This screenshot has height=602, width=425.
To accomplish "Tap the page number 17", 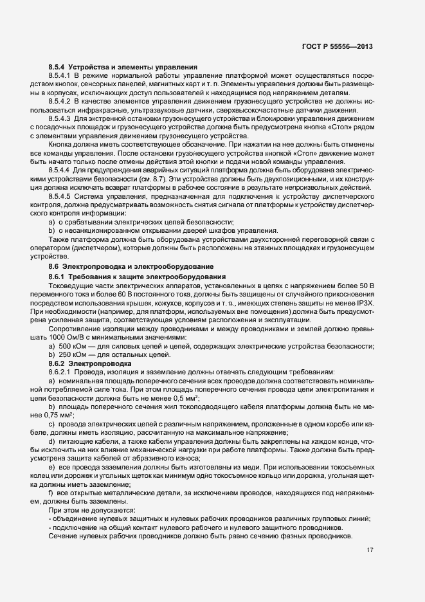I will pyautogui.click(x=370, y=550).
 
